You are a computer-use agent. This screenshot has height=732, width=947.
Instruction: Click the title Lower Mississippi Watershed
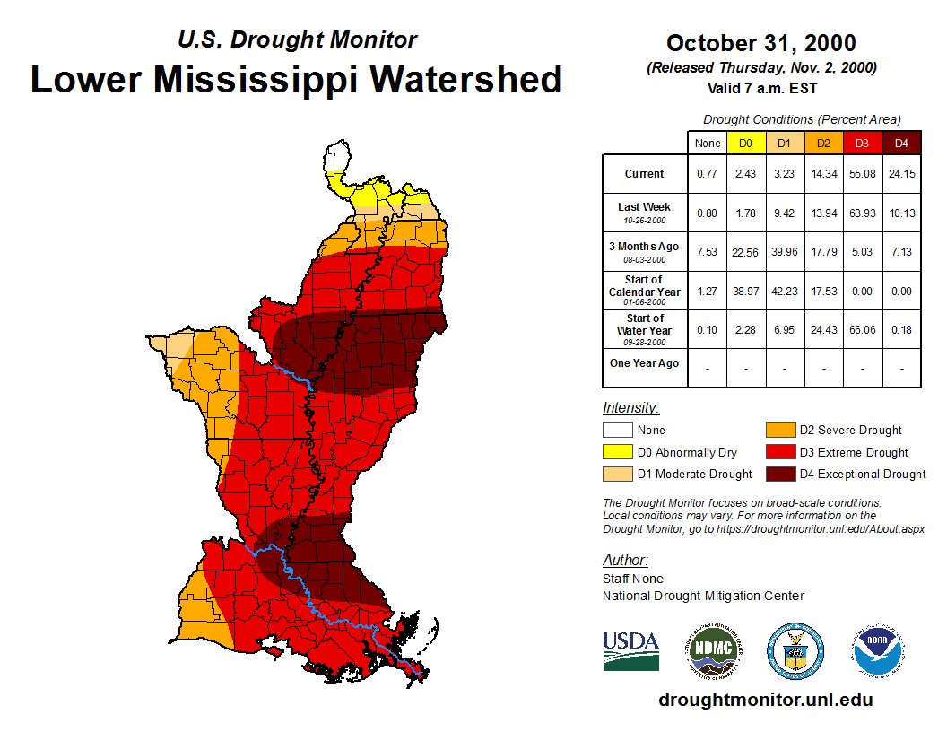point(297,80)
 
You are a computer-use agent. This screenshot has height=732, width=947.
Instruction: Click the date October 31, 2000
point(760,43)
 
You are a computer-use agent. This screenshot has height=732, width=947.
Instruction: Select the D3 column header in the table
point(863,143)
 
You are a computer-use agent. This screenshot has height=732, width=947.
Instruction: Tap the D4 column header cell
point(901,143)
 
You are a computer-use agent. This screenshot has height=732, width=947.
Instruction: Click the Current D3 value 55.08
point(863,174)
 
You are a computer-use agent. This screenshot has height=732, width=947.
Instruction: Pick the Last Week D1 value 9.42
point(785,213)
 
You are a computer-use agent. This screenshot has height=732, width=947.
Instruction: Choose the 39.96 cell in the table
point(785,252)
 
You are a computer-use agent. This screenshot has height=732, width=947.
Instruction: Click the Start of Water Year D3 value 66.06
point(863,329)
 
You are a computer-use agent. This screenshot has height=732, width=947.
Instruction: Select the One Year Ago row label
point(644,363)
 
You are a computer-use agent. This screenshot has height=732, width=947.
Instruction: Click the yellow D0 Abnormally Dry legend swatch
point(617,452)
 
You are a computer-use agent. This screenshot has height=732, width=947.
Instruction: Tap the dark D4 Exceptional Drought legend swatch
point(779,474)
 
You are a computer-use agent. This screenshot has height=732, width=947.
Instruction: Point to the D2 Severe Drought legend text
point(850,431)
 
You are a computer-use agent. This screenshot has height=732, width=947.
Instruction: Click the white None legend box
point(617,431)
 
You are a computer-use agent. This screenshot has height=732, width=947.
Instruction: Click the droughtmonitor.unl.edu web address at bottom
point(765,700)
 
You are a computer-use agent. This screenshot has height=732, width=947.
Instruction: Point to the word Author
point(623,561)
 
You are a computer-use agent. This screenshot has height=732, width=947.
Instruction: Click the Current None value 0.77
point(708,174)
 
